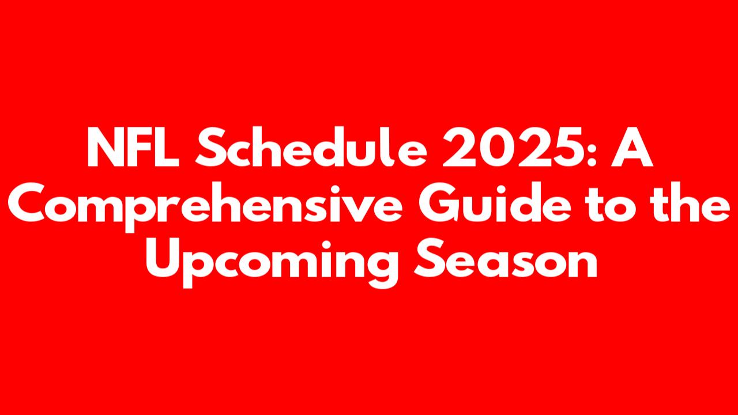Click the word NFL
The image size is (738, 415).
(x=133, y=147)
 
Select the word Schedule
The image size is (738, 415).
(x=311, y=147)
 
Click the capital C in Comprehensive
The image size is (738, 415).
(x=27, y=202)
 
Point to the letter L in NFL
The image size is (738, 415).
(x=168, y=147)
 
